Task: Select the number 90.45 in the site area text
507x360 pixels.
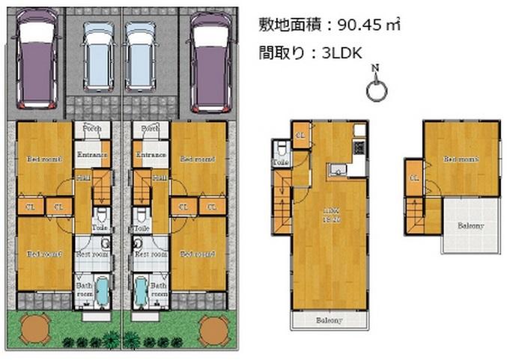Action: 356,25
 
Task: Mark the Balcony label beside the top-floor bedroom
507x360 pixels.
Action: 470,225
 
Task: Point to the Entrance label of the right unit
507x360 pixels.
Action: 150,155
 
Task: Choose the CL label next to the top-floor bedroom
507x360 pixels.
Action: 413,177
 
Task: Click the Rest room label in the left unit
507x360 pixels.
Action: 91,254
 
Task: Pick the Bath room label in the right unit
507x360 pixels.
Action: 158,290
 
